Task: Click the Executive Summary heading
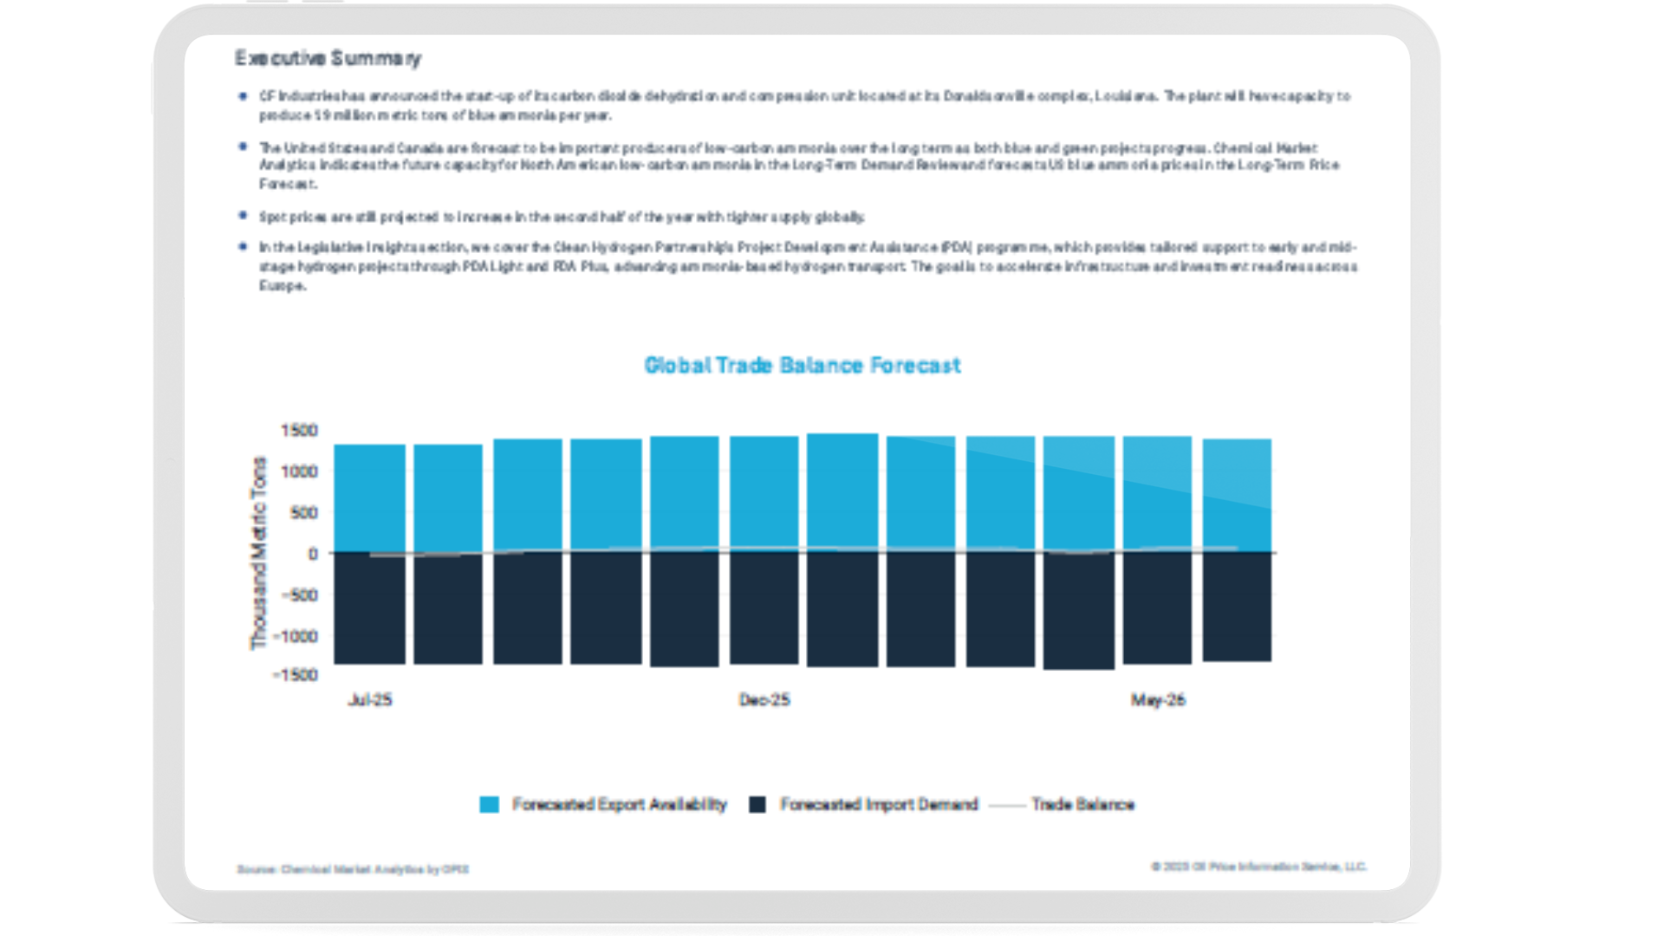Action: click(328, 58)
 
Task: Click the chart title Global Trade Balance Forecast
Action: click(802, 366)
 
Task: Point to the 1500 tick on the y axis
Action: click(299, 431)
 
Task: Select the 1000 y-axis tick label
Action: click(299, 471)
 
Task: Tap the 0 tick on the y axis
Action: click(313, 554)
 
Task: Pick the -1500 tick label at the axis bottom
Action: click(296, 675)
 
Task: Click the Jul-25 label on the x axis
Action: click(370, 700)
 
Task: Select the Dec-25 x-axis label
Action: click(764, 700)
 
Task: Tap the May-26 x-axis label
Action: click(1158, 700)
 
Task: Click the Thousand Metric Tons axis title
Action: click(258, 553)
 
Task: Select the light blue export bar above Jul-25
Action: click(370, 498)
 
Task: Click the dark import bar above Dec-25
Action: click(764, 608)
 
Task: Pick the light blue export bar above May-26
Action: click(1158, 494)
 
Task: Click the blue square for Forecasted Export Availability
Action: click(490, 805)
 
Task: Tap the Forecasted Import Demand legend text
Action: click(879, 805)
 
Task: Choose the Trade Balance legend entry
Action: click(1082, 805)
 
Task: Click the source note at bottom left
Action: click(353, 869)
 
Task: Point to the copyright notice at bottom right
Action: click(1258, 867)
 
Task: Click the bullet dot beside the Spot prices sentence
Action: click(243, 216)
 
